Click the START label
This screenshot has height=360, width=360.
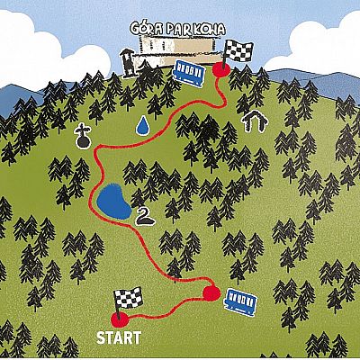pyautogui.click(x=119, y=337)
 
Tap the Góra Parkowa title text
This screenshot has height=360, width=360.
pyautogui.click(x=177, y=29)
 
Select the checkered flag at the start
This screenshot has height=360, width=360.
pyautogui.click(x=128, y=300)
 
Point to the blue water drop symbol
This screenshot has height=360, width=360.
pyautogui.click(x=142, y=125)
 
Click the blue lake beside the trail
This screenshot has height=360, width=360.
pyautogui.click(x=114, y=202)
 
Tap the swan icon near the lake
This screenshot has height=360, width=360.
pyautogui.click(x=145, y=217)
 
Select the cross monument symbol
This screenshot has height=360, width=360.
pyautogui.click(x=83, y=138)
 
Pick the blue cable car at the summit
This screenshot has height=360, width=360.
pyautogui.click(x=189, y=73)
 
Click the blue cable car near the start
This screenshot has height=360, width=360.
pyautogui.click(x=241, y=301)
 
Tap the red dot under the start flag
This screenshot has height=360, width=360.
pyautogui.click(x=120, y=320)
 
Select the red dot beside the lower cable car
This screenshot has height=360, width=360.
pyautogui.click(x=211, y=293)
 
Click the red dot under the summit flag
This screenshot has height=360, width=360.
pyautogui.click(x=221, y=70)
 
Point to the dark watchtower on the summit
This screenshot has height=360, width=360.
pyautogui.click(x=127, y=62)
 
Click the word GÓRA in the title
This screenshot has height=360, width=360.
pyautogui.click(x=147, y=29)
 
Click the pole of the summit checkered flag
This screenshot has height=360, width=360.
pyautogui.click(x=225, y=56)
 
